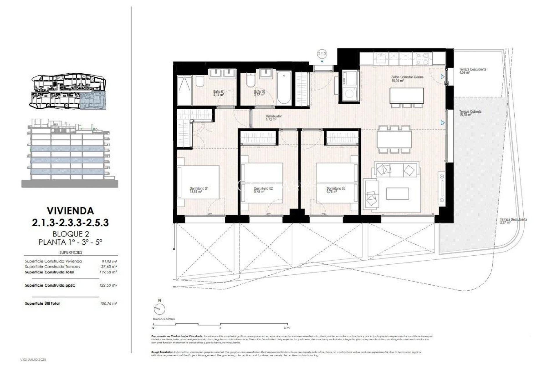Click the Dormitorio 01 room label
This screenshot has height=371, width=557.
pos(199,190)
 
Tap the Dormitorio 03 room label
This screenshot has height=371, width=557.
pos(336,190)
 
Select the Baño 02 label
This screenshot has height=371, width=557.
pos(259,93)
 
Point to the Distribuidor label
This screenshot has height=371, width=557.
pos(274,118)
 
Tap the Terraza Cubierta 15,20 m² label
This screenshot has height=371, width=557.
pos(470,113)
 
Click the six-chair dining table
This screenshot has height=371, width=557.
pos(394,139)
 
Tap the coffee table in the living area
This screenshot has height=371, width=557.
pos(397,193)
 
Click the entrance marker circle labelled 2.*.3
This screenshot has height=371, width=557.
pos(322,54)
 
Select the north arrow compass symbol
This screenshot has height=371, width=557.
pos(159,309)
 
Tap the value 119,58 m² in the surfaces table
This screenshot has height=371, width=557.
pos(108,272)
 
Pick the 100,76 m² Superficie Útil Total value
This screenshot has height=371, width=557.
pos(108,303)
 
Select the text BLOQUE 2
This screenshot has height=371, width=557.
pos(70,234)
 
